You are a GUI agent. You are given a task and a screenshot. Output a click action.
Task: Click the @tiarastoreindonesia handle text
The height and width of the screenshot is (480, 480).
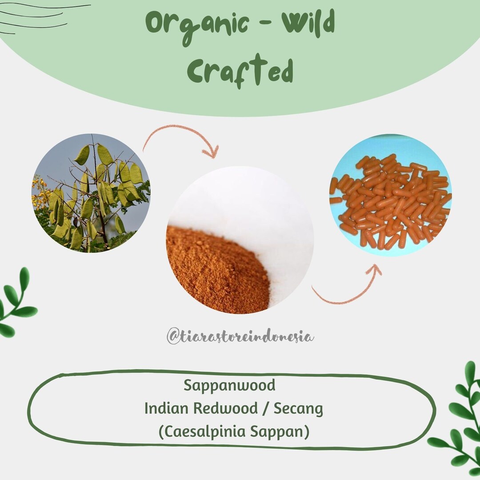(x=240, y=337)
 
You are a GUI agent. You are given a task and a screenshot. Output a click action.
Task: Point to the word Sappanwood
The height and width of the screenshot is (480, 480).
(x=229, y=385)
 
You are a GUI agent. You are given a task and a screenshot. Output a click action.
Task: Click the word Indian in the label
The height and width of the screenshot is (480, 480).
(x=165, y=408)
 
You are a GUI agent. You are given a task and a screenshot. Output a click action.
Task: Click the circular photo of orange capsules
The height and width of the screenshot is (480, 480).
(x=390, y=196)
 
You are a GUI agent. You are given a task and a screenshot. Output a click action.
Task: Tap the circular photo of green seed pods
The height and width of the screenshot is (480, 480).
(x=91, y=193)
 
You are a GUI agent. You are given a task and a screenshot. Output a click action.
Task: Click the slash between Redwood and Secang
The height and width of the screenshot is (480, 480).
(x=265, y=409)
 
